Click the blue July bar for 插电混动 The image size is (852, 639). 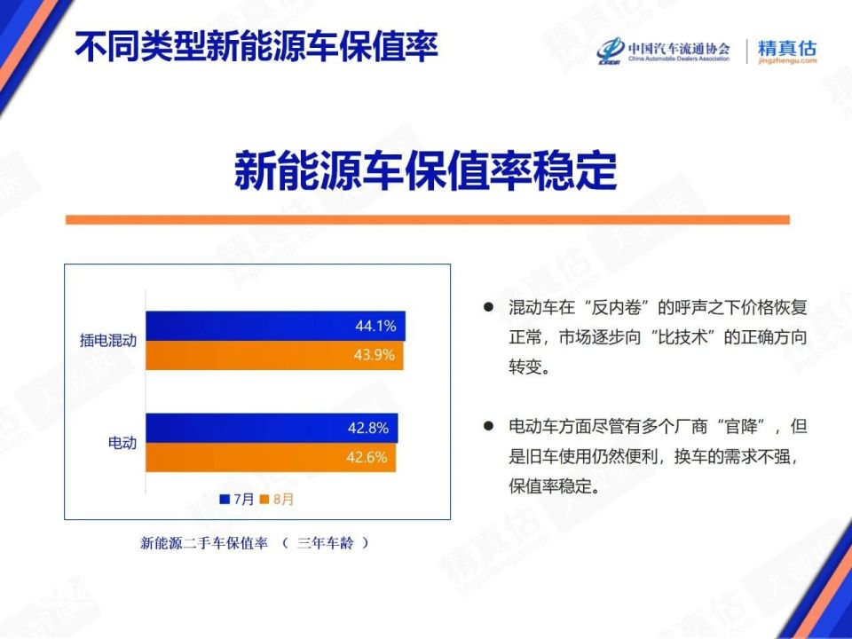[x=266, y=326]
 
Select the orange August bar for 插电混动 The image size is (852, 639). [x=266, y=356]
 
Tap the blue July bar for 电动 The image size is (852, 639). [x=266, y=428]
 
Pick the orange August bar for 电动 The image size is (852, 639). [x=266, y=458]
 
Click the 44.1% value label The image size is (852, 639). [x=375, y=326]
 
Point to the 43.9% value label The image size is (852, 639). [x=375, y=356]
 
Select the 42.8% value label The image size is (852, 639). [x=368, y=428]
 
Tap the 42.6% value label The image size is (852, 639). [x=368, y=458]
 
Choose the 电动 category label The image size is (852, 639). [x=122, y=442]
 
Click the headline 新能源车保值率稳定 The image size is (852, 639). [x=425, y=170]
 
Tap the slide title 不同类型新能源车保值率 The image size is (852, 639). [x=256, y=47]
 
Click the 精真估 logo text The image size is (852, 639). [x=786, y=48]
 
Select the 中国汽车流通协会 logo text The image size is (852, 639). [x=678, y=47]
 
